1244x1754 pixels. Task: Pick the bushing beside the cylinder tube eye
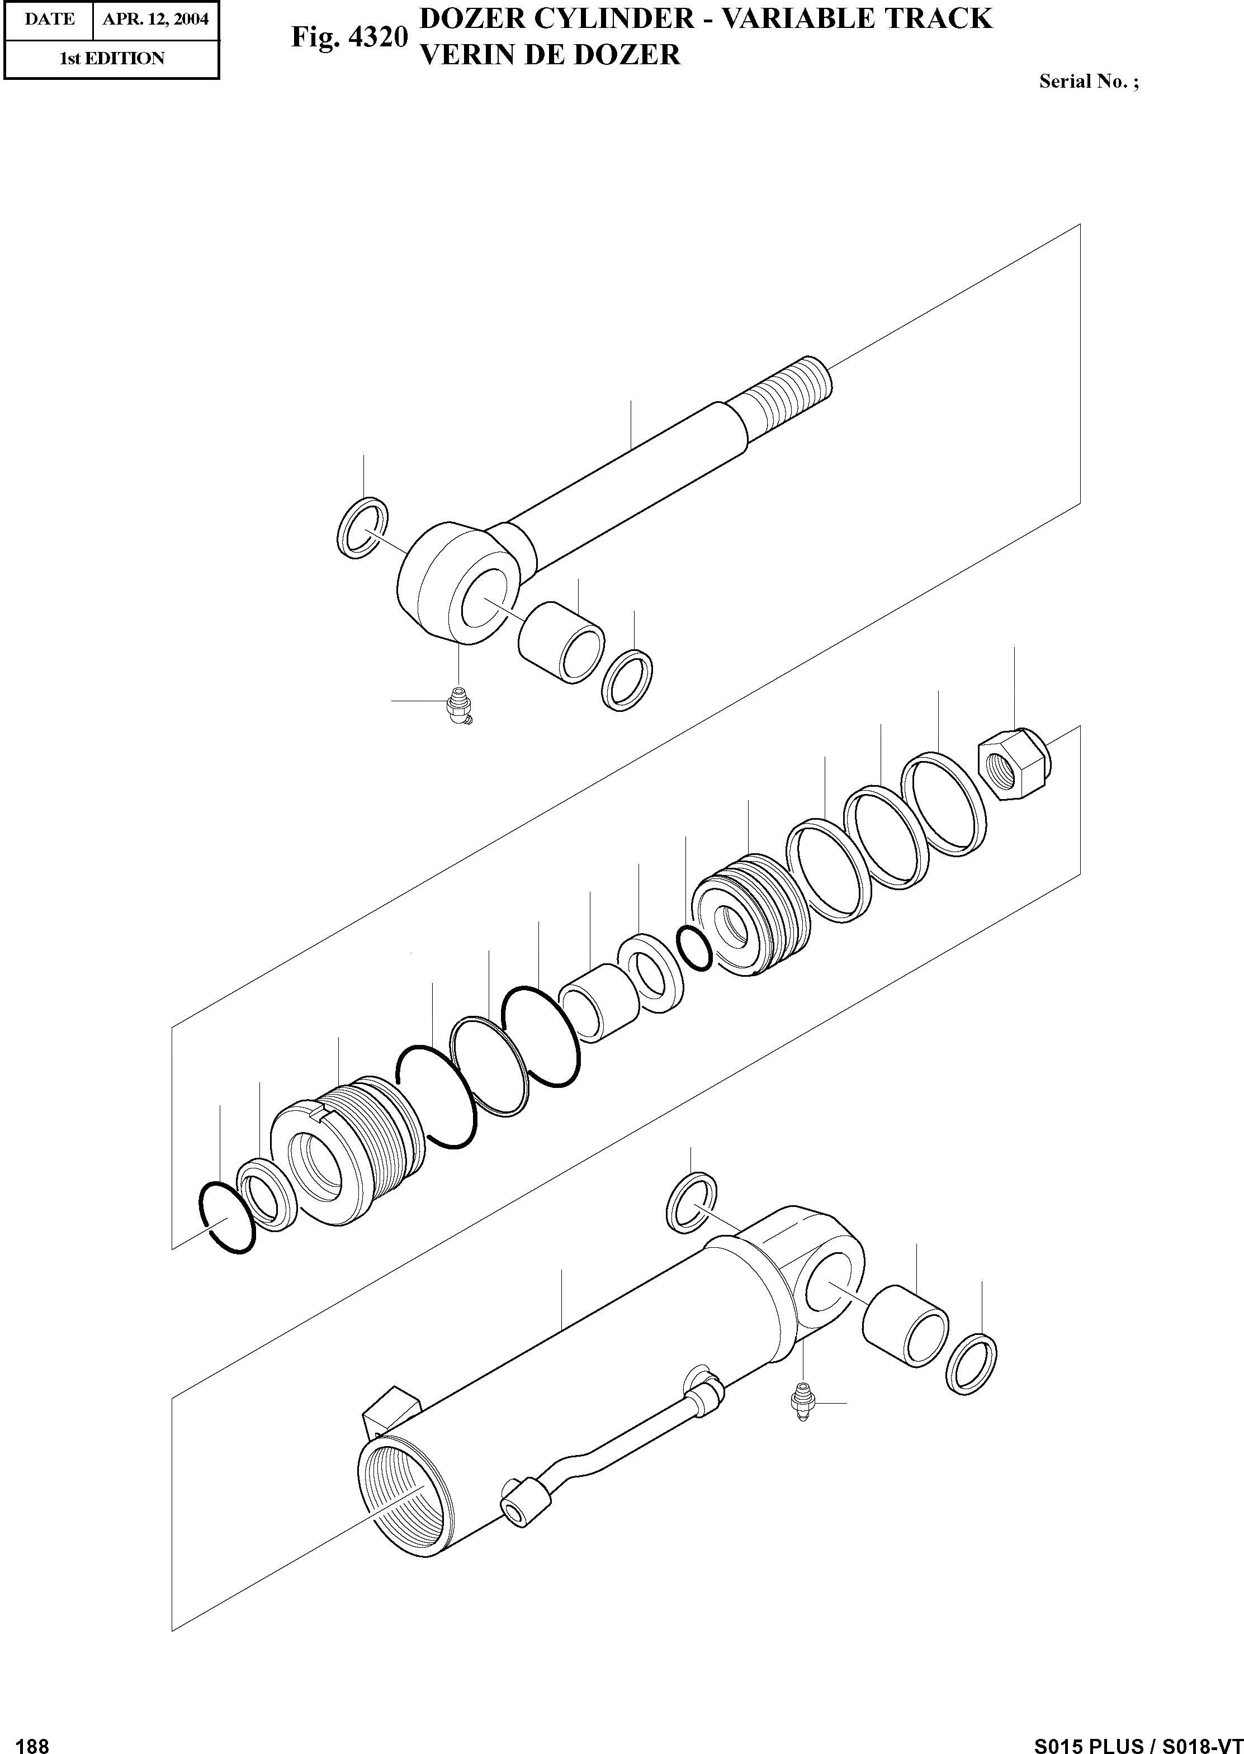905,1325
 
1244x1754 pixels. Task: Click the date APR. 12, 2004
155,19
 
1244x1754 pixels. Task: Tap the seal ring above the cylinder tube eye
692,1201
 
